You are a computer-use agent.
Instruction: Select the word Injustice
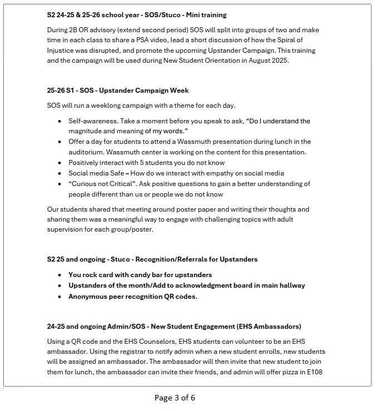coord(64,51)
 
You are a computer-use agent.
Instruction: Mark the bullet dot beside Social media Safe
coord(60,173)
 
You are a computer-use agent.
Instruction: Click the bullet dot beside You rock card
coord(60,275)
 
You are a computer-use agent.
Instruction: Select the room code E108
coord(313,372)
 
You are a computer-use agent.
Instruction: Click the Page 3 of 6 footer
coord(175,398)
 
